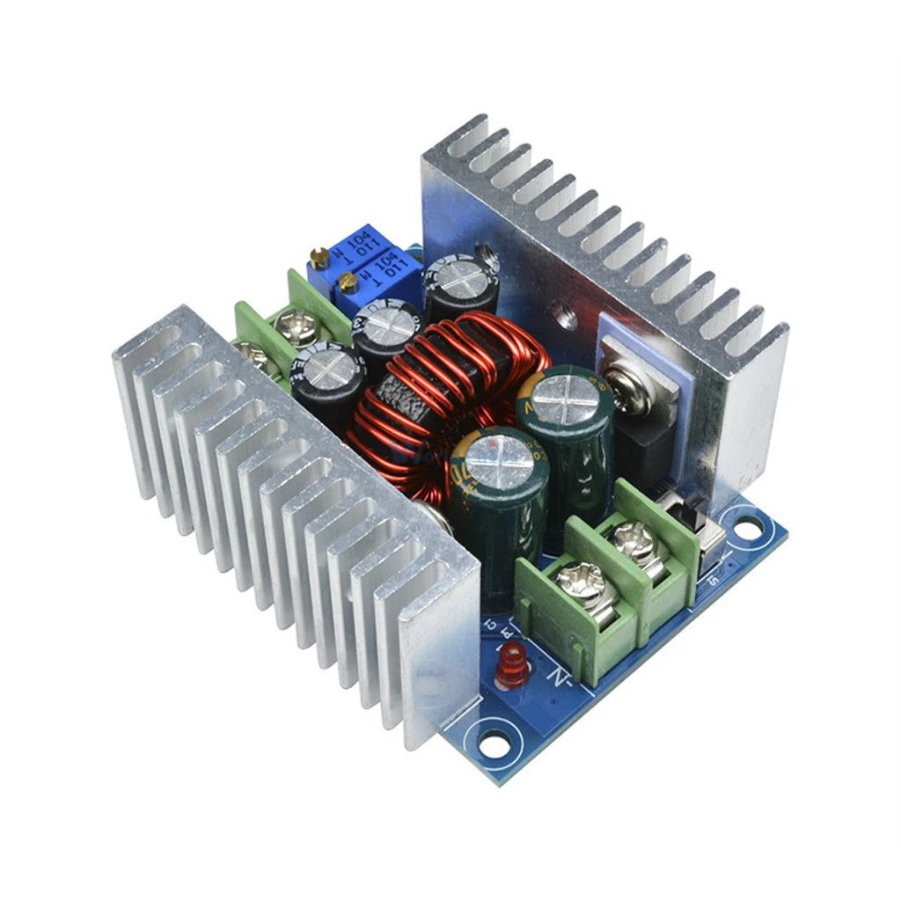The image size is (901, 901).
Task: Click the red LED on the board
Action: tap(510, 665)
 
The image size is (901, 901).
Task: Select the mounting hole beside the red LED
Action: tap(495, 742)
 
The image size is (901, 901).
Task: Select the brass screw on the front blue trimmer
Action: tap(349, 282)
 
